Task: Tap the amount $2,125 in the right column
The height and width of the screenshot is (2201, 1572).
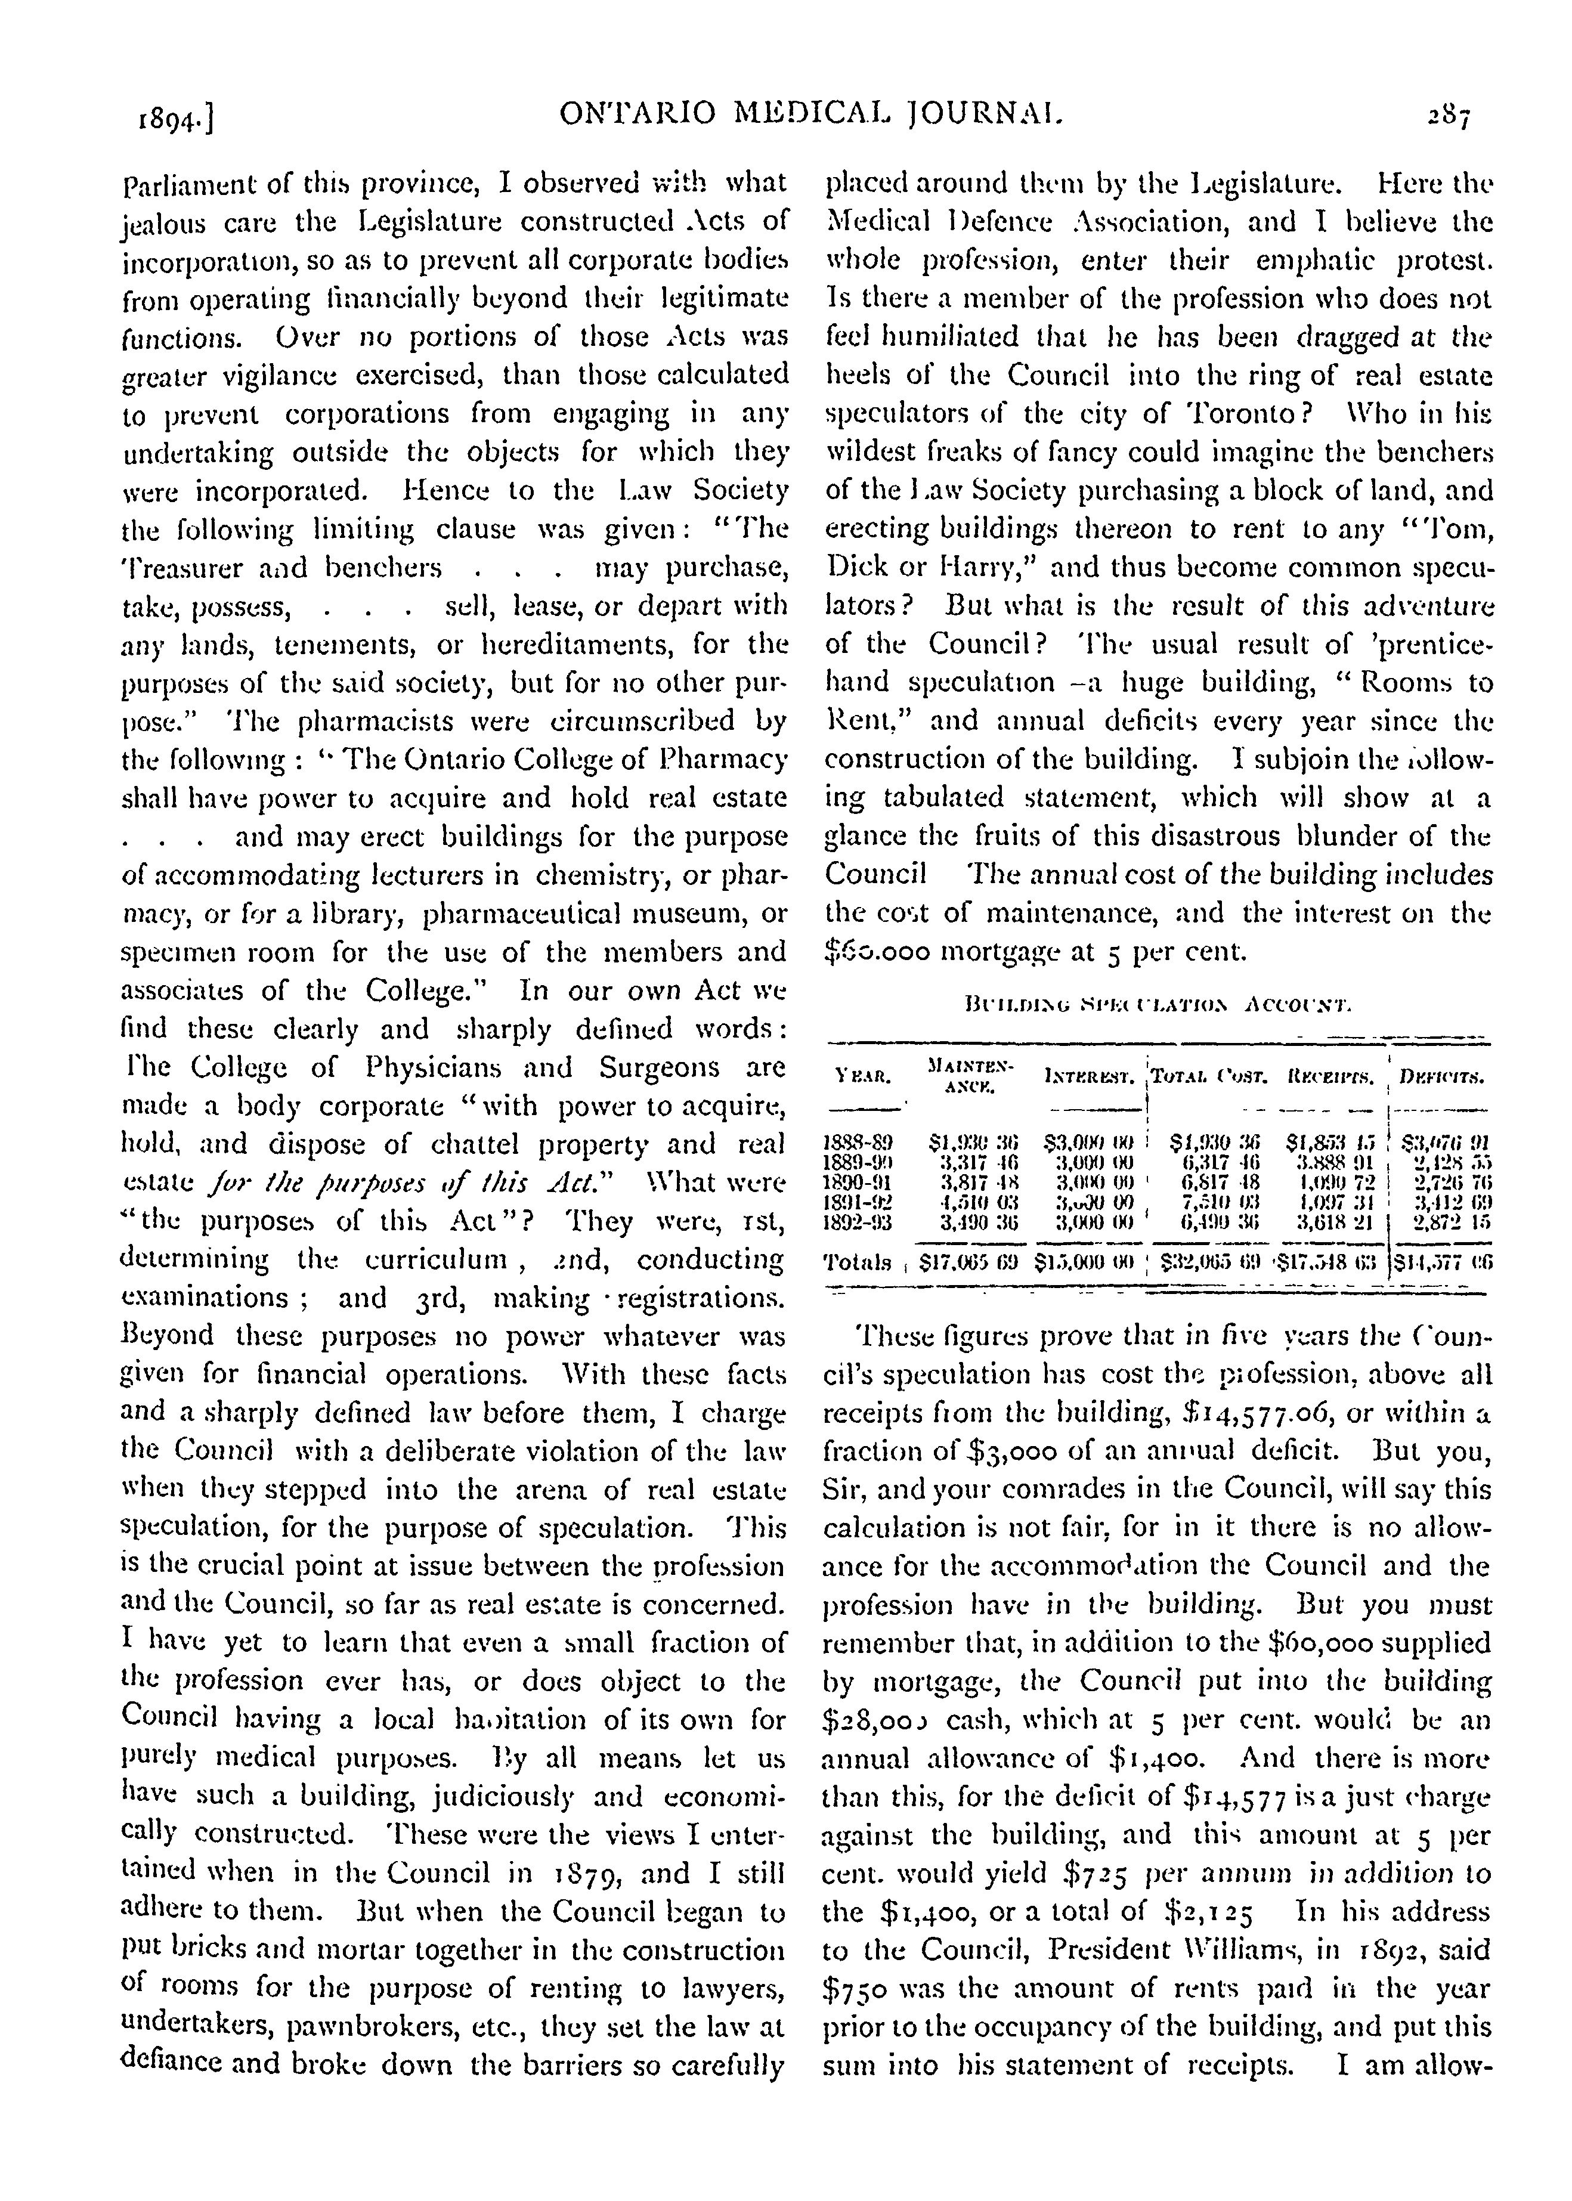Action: (x=1224, y=1912)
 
